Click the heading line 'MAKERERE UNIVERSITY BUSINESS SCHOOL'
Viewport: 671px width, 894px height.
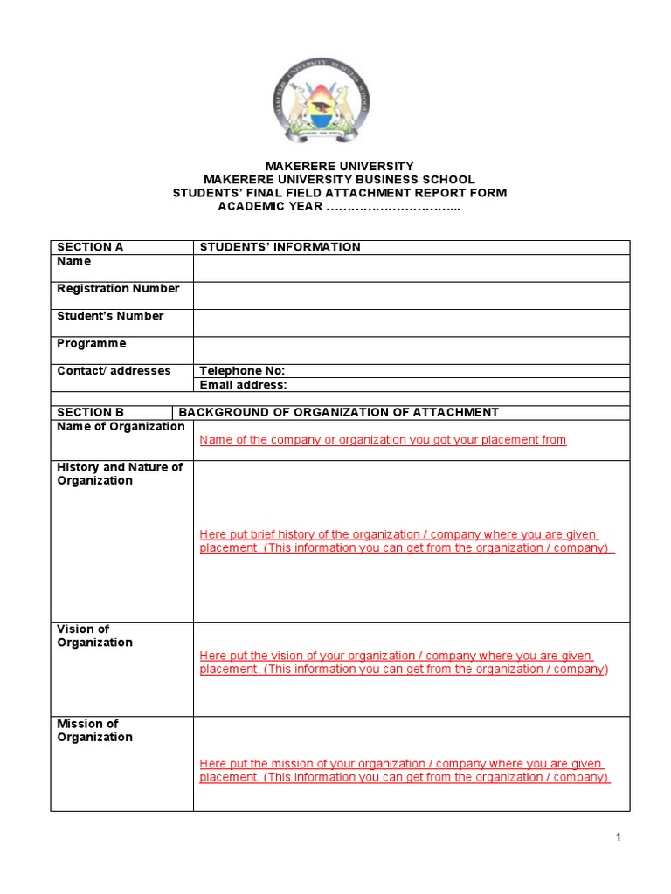click(x=339, y=179)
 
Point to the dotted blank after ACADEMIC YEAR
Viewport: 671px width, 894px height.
click(x=392, y=206)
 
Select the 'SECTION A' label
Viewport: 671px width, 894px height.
click(x=90, y=247)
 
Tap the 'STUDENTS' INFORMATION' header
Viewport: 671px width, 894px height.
click(x=280, y=247)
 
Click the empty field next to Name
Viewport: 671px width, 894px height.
click(x=411, y=268)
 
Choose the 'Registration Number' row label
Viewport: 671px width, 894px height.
click(x=118, y=289)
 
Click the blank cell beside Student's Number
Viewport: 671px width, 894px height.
click(x=411, y=322)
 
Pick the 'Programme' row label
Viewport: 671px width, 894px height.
click(x=92, y=344)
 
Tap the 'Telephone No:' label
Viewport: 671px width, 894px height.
click(x=242, y=371)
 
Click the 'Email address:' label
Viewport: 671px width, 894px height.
click(x=243, y=385)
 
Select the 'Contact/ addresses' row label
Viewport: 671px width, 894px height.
click(x=114, y=371)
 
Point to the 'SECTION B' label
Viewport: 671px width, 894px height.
click(x=90, y=412)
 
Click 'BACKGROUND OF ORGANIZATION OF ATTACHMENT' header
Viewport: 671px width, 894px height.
click(x=338, y=412)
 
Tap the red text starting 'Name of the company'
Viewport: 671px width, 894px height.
click(x=383, y=440)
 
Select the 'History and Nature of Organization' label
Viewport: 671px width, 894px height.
click(x=120, y=474)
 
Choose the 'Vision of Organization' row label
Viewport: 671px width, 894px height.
click(x=94, y=636)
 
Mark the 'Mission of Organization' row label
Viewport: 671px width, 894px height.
click(x=94, y=731)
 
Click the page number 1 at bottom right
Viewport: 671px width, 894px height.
click(x=618, y=838)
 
